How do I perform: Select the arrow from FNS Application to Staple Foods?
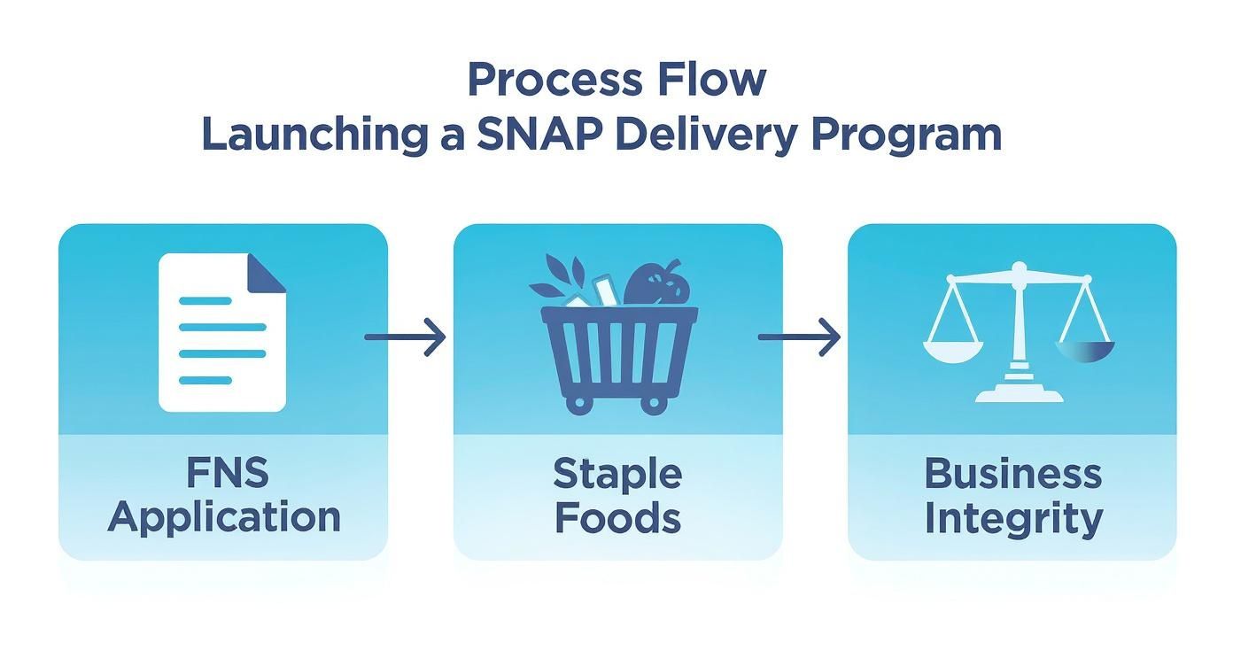coord(405,337)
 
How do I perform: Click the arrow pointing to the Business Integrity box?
coord(799,337)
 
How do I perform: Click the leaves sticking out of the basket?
coord(559,278)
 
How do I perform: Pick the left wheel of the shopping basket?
coord(578,403)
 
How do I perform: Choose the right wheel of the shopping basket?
coord(654,403)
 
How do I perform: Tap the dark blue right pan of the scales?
coord(1085,352)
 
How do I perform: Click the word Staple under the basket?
coord(617,475)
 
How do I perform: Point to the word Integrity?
coord(1013,519)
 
